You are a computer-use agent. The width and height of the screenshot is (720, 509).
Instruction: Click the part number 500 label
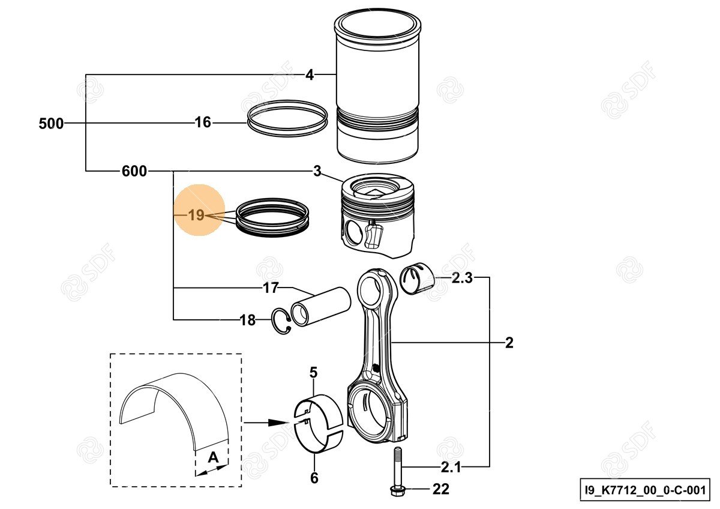pyautogui.click(x=50, y=124)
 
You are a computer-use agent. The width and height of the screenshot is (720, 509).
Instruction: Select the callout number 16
pyautogui.click(x=203, y=123)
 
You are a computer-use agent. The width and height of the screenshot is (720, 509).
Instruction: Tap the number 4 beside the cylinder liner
pyautogui.click(x=310, y=75)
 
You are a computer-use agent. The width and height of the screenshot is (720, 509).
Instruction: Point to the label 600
pyautogui.click(x=134, y=172)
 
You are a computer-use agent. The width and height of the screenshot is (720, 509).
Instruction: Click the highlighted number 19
pyautogui.click(x=196, y=215)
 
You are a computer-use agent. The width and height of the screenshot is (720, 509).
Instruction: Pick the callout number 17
pyautogui.click(x=271, y=288)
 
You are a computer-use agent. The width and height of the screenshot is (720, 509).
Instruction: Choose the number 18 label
pyautogui.click(x=247, y=320)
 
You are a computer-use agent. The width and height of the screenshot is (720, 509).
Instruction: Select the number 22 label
pyautogui.click(x=440, y=490)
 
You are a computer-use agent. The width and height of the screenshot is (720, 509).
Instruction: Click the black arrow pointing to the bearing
pyautogui.click(x=275, y=423)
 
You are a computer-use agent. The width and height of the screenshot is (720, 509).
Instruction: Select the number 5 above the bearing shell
pyautogui.click(x=313, y=373)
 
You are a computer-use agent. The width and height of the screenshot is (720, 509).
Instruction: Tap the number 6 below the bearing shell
pyautogui.click(x=314, y=478)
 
